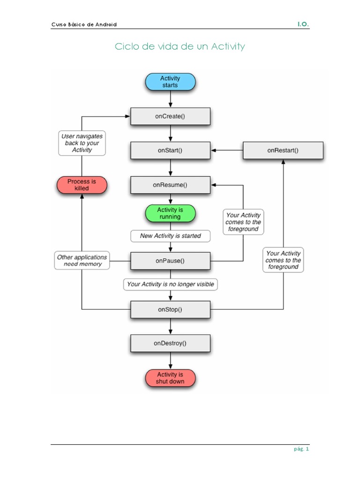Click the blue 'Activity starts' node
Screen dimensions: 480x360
[170, 82]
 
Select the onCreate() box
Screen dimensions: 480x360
[170, 116]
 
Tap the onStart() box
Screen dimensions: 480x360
[170, 150]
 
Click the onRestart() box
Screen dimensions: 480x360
[283, 150]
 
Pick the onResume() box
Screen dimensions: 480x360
[170, 185]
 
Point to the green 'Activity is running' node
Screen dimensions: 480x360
[170, 213]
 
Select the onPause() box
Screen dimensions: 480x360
[170, 261]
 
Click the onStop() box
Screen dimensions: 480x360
[170, 309]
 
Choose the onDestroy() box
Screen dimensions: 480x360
[170, 343]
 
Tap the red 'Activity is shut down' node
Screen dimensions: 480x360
[170, 378]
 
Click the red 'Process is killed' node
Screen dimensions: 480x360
[82, 185]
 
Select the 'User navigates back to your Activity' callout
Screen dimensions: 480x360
[82, 143]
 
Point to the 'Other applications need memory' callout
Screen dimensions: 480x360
[82, 261]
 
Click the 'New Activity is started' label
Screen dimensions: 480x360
[170, 236]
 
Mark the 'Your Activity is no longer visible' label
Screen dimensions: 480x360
[171, 284]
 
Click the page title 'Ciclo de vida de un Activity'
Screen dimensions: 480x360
[180, 46]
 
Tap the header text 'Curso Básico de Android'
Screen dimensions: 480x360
[84, 24]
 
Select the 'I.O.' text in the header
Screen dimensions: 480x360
[303, 24]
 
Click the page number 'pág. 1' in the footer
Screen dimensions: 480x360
[301, 449]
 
